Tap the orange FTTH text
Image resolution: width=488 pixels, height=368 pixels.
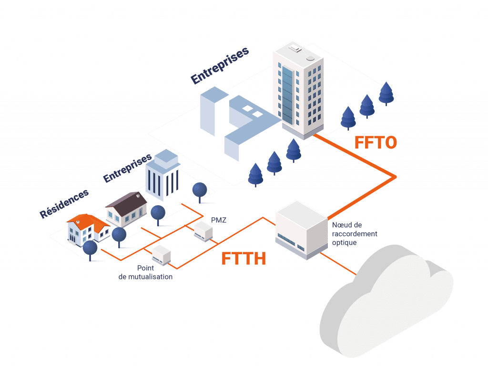(x=243, y=259)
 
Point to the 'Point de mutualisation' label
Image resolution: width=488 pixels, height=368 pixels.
(x=145, y=272)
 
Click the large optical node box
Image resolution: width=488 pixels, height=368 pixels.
(x=302, y=229)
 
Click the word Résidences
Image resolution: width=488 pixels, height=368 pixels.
(x=65, y=204)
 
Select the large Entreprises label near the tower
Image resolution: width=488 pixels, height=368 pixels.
(x=220, y=66)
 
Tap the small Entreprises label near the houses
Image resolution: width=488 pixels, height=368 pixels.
(x=127, y=168)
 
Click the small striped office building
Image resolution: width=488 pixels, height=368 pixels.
(x=162, y=176)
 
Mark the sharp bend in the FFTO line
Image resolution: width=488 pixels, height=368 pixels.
(x=395, y=177)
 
